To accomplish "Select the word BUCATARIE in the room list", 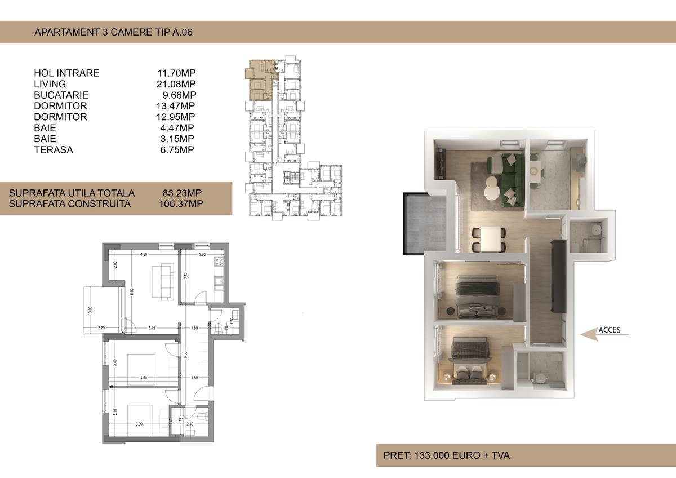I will click(61, 95).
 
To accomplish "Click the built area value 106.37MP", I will click(181, 203).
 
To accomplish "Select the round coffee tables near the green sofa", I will click(491, 187).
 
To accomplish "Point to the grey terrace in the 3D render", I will click(426, 223).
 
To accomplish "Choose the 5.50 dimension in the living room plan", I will click(131, 291).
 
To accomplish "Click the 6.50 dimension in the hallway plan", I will click(185, 355).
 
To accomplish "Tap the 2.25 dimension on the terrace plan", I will click(101, 328).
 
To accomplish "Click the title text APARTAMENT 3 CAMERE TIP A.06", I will click(113, 32).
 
